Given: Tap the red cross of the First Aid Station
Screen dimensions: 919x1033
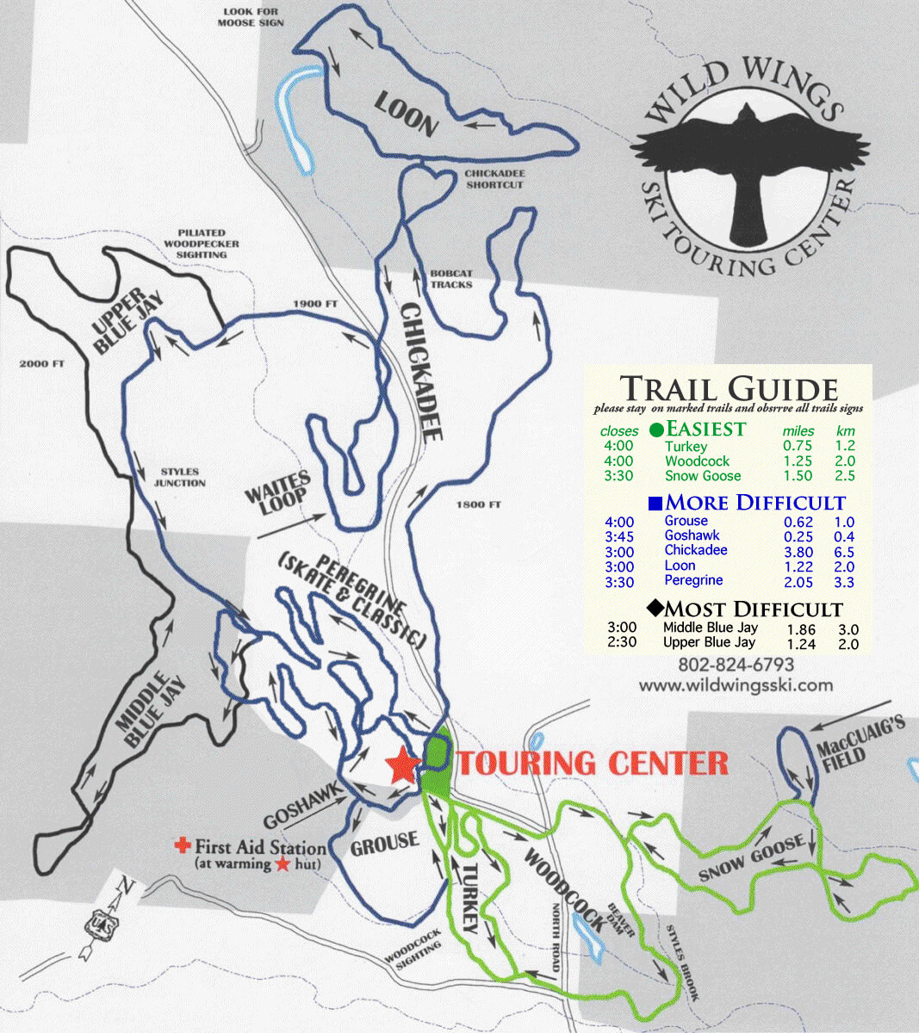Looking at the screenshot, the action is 183,845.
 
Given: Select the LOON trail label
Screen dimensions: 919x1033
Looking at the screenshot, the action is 407,115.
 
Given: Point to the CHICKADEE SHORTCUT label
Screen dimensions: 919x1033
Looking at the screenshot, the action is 494,178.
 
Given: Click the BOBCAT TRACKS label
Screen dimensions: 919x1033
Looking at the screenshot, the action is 451,279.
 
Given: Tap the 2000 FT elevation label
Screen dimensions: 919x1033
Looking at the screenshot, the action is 41,364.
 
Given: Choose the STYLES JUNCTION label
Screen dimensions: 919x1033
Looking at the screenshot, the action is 180,477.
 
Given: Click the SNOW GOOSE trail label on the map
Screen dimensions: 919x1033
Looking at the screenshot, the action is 751,857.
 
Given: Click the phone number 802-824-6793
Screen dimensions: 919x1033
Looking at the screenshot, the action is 736,665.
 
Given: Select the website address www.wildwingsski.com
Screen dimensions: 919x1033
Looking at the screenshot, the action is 736,685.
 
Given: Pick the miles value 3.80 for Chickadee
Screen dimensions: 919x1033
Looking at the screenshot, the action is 798,551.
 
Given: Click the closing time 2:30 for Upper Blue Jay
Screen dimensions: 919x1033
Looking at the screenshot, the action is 621,642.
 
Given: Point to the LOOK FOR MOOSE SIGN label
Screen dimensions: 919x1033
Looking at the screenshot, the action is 251,17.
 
